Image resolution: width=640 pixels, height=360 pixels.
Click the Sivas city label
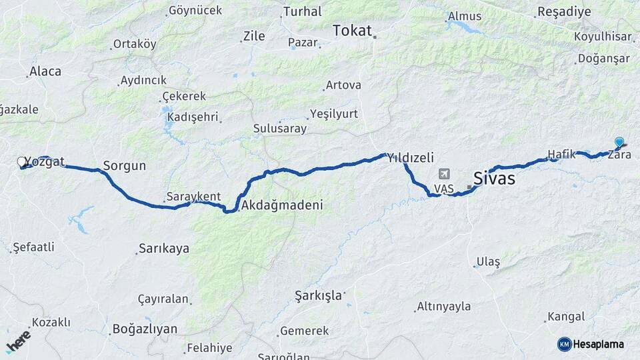click(x=494, y=178)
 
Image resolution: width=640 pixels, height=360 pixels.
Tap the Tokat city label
click(x=352, y=30)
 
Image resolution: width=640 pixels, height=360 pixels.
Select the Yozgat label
click(x=45, y=161)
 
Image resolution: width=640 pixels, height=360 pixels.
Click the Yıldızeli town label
click(x=411, y=158)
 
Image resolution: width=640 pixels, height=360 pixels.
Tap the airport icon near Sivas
click(x=444, y=174)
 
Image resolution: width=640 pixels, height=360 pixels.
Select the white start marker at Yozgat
click(x=21, y=161)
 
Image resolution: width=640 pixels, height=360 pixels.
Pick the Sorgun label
click(x=124, y=166)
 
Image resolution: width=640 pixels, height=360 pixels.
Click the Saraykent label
click(x=193, y=197)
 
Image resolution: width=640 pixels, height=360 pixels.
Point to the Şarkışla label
click(x=318, y=295)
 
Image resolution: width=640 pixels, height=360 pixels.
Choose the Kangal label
click(x=565, y=317)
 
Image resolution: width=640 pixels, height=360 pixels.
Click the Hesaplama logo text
click(x=598, y=344)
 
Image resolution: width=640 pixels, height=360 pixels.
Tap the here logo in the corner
click(x=18, y=341)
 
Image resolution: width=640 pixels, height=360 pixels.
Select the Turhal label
click(x=302, y=11)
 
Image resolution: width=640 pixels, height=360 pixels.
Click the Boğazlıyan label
click(x=145, y=329)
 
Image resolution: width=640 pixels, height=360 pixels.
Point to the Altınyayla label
click(x=443, y=307)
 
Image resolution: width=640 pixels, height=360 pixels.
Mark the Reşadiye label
click(x=564, y=11)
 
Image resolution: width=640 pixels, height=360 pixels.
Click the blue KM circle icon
click(x=564, y=344)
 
